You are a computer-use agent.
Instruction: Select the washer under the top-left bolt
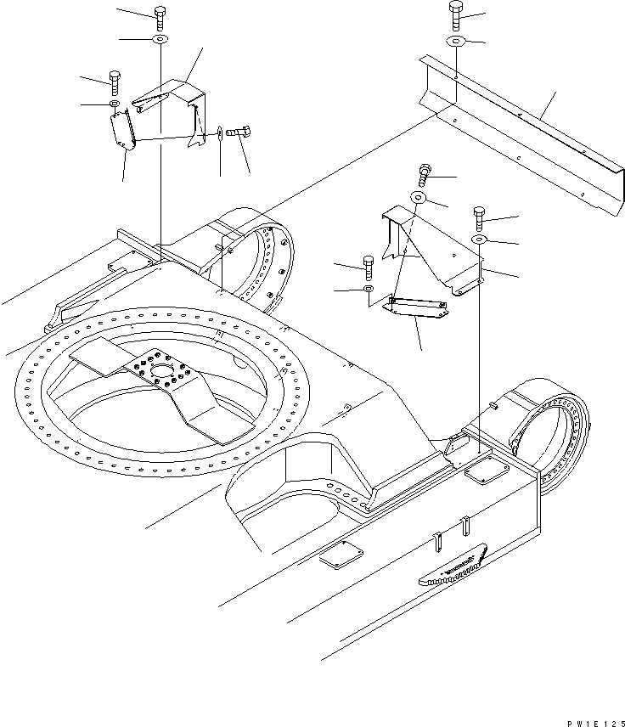[160, 40]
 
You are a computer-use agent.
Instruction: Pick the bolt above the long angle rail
[456, 14]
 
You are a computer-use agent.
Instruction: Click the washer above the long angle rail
[456, 41]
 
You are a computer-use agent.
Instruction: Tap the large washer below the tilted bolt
[419, 199]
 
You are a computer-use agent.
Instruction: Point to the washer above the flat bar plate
[368, 290]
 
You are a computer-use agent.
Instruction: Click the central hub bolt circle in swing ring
[156, 374]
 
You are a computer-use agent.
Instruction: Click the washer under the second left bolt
[114, 104]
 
